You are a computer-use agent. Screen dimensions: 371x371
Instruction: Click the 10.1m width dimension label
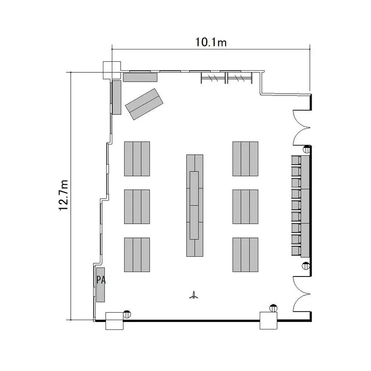(x=211, y=43)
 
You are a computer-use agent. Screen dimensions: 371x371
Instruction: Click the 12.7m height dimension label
(x=63, y=195)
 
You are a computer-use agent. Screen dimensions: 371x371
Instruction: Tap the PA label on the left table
(x=101, y=280)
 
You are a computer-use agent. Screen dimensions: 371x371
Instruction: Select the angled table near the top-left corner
(x=144, y=104)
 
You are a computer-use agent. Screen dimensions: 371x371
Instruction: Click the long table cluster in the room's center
(x=195, y=205)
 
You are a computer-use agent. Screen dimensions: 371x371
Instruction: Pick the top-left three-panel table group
(x=137, y=159)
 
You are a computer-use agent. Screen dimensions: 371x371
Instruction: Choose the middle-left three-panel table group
(x=137, y=207)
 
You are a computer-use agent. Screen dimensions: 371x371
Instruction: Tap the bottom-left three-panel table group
(x=137, y=255)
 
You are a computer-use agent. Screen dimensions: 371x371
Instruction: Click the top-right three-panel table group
(x=245, y=159)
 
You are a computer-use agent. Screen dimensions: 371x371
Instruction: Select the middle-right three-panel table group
(x=245, y=207)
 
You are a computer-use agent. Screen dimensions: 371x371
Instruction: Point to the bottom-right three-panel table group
(x=245, y=255)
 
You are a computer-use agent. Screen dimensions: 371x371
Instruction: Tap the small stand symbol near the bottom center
(x=194, y=295)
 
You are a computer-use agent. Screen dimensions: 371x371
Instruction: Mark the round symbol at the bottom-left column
(x=127, y=314)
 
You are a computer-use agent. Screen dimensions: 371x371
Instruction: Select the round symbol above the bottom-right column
(x=273, y=308)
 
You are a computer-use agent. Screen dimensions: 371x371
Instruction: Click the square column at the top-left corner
(x=112, y=70)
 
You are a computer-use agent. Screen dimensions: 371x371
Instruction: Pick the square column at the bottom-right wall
(x=269, y=321)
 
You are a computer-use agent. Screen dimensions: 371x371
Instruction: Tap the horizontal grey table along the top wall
(x=140, y=77)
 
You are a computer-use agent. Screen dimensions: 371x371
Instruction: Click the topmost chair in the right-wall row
(x=296, y=160)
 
